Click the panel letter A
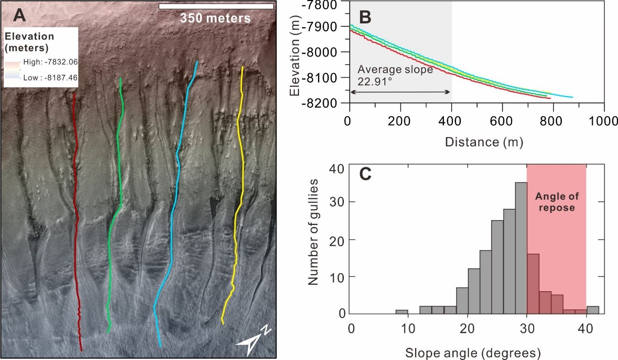(x=20, y=16)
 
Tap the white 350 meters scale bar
(x=216, y=6)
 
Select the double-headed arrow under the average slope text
(x=400, y=92)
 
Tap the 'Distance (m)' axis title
(x=477, y=142)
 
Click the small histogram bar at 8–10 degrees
(x=401, y=311)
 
